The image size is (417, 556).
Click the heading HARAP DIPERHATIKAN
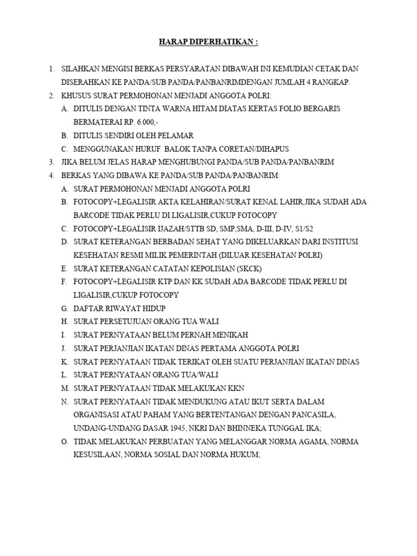(x=208, y=42)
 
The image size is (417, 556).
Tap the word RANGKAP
(x=332, y=82)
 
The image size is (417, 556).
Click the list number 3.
(x=51, y=162)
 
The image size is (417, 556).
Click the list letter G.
(x=65, y=308)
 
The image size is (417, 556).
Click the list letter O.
(x=65, y=441)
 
